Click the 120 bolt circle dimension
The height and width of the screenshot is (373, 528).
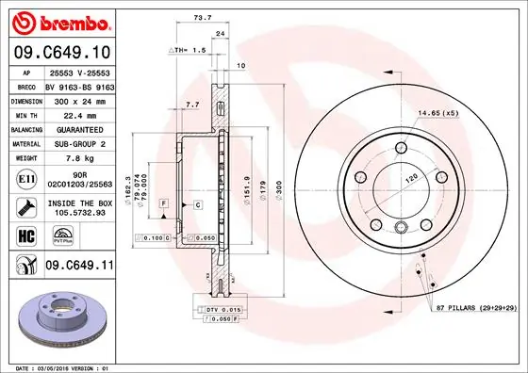[x=411, y=176]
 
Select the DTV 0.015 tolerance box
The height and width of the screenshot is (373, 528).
[x=218, y=309]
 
